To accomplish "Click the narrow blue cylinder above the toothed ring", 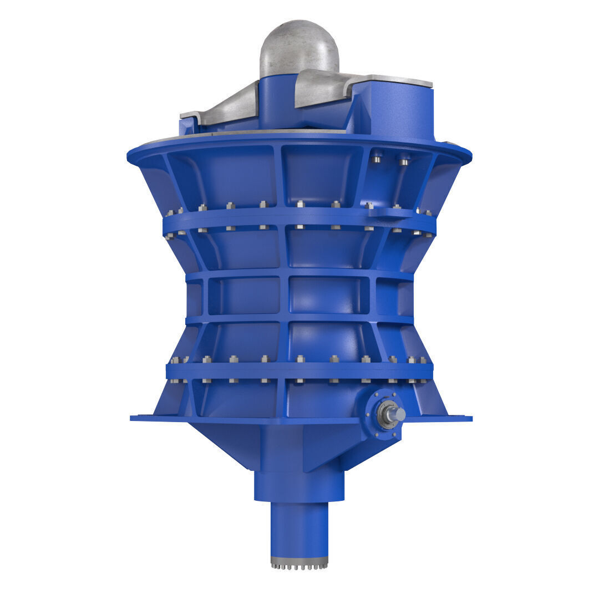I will [x=299, y=527].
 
